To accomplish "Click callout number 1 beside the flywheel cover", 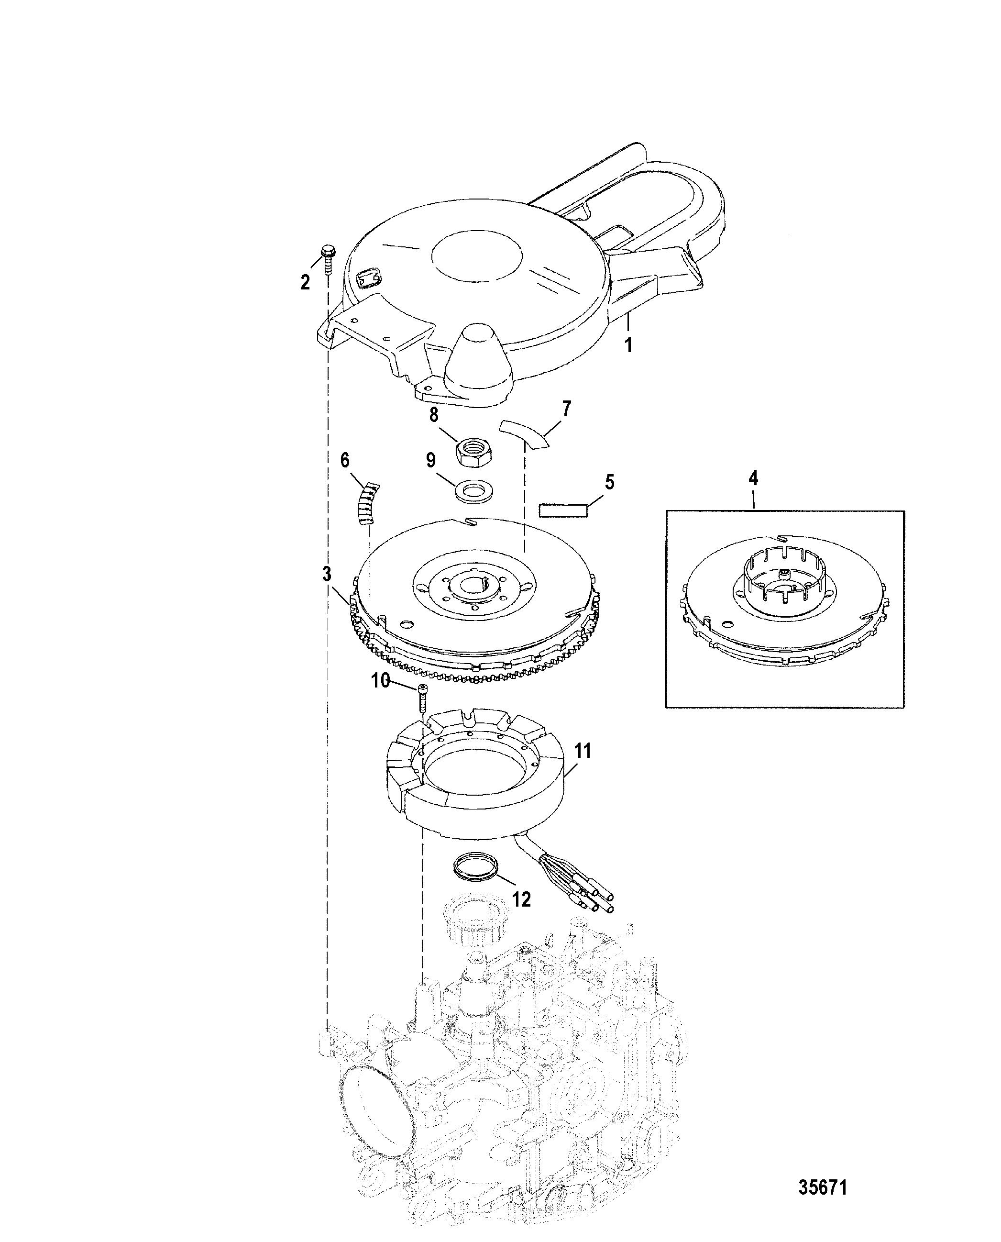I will [x=629, y=345].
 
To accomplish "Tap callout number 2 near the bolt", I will [x=305, y=282].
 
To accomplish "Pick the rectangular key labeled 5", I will [x=563, y=510].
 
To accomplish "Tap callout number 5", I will [x=609, y=482].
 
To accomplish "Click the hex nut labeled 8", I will [x=473, y=454].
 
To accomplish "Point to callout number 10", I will [x=380, y=681].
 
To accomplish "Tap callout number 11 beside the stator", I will [x=583, y=751].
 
